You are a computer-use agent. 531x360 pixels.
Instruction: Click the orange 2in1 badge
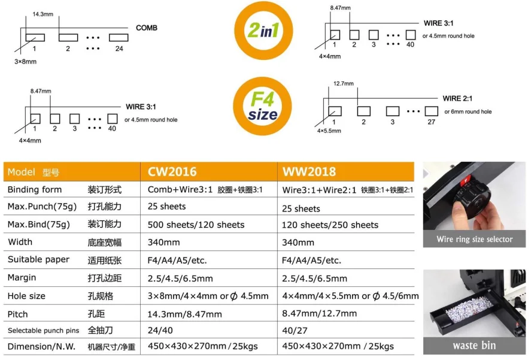pyautogui.click(x=263, y=31)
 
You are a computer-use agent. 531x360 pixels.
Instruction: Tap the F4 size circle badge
pyautogui.click(x=262, y=106)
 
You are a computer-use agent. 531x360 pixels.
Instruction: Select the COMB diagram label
pyautogui.click(x=147, y=28)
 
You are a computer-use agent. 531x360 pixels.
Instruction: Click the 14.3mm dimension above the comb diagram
pyautogui.click(x=43, y=14)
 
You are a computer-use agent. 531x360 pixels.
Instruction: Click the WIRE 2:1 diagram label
pyautogui.click(x=457, y=98)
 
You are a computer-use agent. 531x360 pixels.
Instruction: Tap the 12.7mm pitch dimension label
pyautogui.click(x=344, y=83)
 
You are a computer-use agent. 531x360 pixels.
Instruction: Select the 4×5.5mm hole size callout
pyautogui.click(x=329, y=131)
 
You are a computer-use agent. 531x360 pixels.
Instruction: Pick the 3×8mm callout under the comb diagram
pyautogui.click(x=25, y=62)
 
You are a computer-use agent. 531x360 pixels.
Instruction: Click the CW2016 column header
pyautogui.click(x=172, y=172)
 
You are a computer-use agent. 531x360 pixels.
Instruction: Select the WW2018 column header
pyautogui.click(x=309, y=172)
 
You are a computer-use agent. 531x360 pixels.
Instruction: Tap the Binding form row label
pyautogui.click(x=35, y=189)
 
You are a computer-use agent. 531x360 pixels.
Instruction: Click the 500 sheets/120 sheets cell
pyautogui.click(x=196, y=225)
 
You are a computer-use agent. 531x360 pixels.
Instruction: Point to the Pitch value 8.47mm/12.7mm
pyautogui.click(x=319, y=313)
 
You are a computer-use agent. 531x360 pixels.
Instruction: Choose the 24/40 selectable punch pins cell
pyautogui.click(x=160, y=330)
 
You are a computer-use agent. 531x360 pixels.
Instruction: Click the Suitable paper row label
pyautogui.click(x=38, y=259)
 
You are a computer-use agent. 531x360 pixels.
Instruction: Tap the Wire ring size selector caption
pyautogui.click(x=475, y=240)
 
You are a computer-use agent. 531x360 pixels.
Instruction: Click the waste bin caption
pyautogui.click(x=474, y=346)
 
